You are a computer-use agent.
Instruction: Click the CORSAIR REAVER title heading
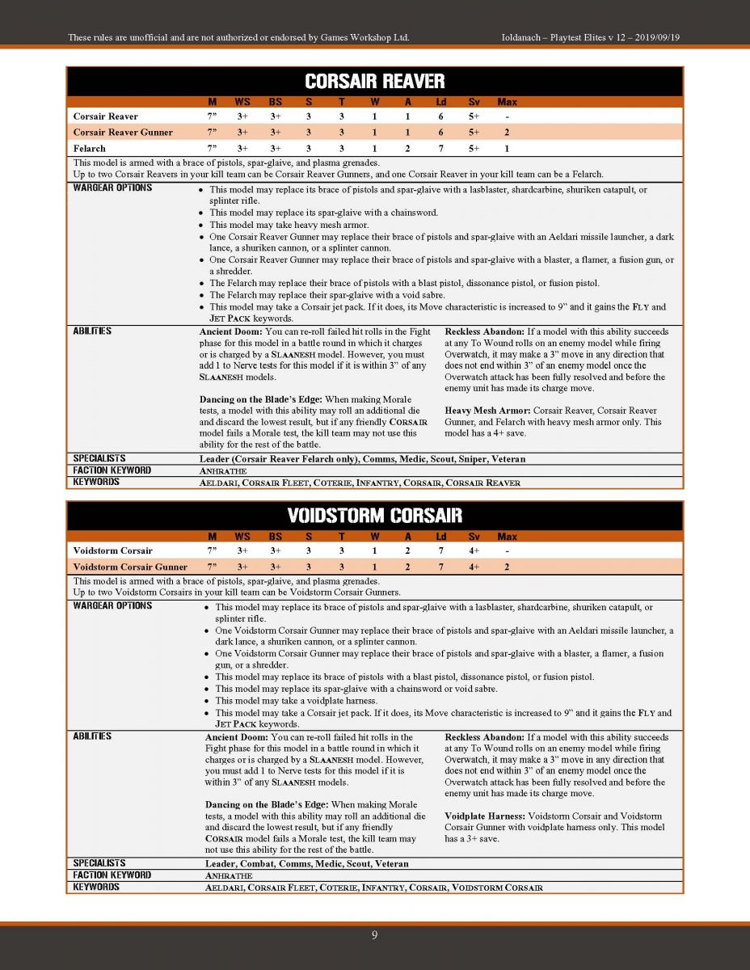point(375,81)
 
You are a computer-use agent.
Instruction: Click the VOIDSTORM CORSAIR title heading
point(375,515)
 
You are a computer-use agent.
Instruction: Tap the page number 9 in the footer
point(374,935)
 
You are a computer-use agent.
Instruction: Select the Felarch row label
point(90,148)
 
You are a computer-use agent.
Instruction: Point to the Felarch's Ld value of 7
point(440,148)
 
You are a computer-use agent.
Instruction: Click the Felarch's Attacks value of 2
point(407,148)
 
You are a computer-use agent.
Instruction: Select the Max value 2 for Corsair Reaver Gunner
point(507,132)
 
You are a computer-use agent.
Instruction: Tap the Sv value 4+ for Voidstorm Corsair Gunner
point(474,567)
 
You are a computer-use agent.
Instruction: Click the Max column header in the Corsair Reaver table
point(507,102)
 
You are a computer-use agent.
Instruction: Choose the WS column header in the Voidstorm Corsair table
point(242,537)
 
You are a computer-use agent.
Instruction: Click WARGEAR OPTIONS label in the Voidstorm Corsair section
point(112,605)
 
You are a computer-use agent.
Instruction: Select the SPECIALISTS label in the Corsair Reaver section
point(99,458)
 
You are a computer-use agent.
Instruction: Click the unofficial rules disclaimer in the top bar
point(238,37)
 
